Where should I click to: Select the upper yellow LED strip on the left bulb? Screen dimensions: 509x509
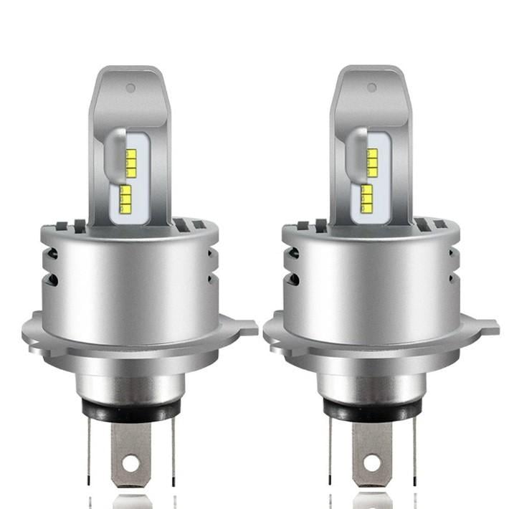pos(131,162)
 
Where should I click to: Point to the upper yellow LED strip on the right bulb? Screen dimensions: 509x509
pos(372,162)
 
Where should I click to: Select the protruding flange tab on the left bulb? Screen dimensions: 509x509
pos(246,328)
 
